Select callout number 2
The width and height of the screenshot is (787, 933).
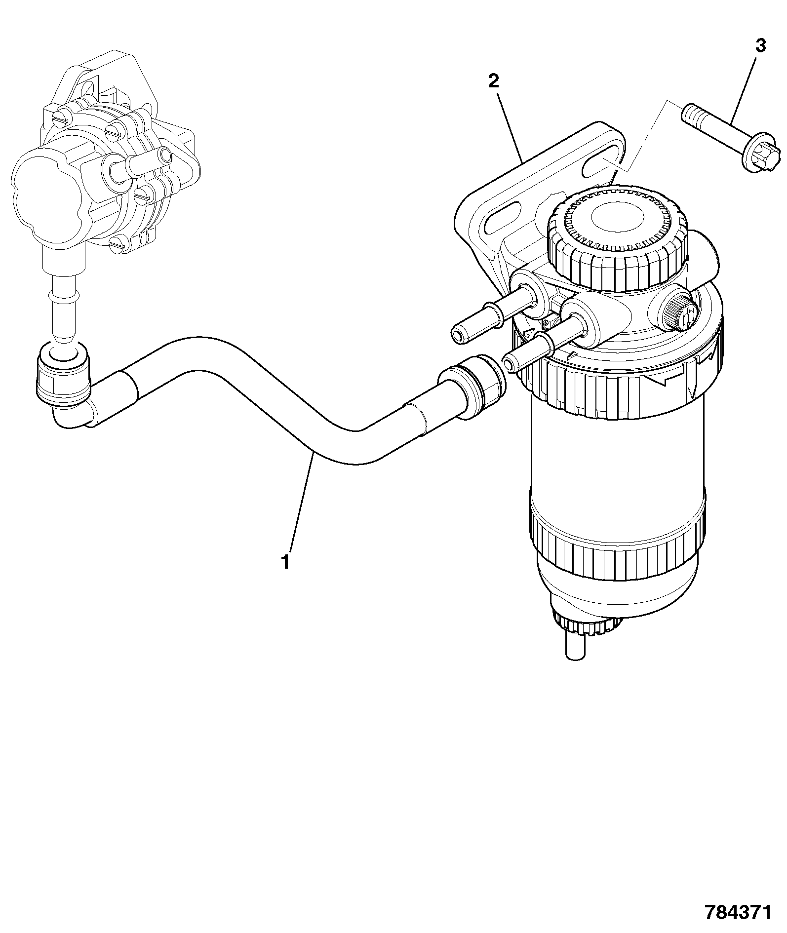[494, 80]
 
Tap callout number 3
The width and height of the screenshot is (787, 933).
[761, 46]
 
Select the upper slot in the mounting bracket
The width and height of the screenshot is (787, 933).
[603, 158]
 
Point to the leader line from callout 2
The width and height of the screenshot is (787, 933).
[510, 126]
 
